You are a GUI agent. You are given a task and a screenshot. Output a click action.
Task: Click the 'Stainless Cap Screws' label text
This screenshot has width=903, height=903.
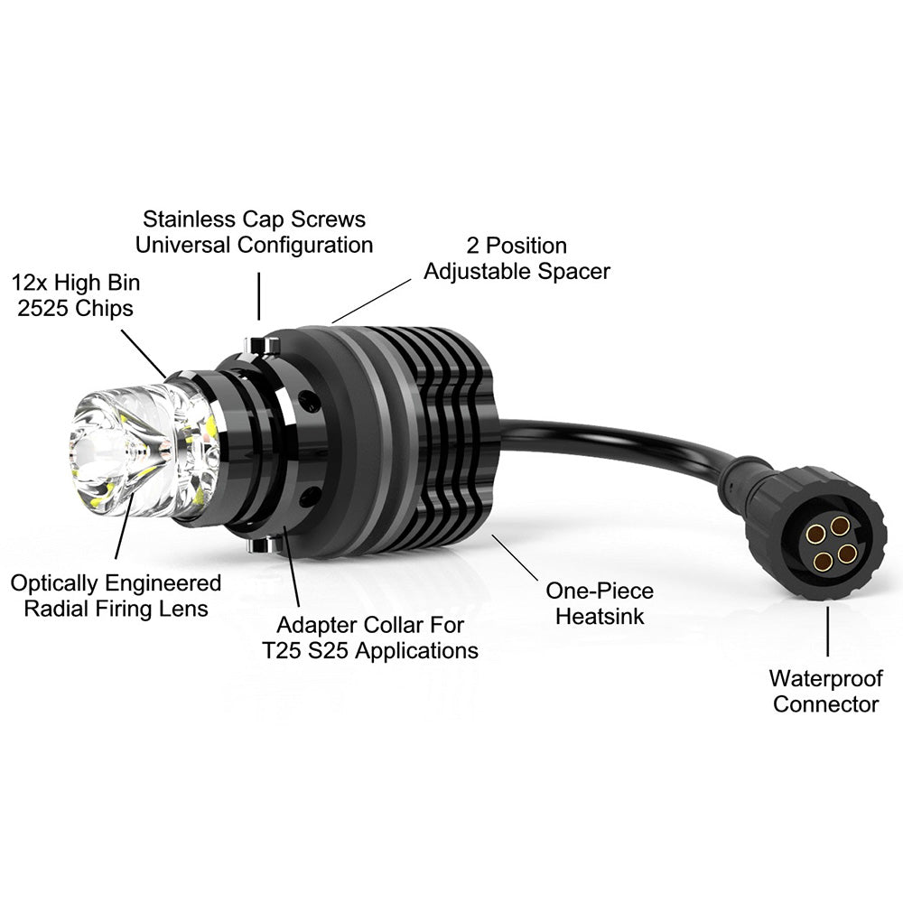pos(254,219)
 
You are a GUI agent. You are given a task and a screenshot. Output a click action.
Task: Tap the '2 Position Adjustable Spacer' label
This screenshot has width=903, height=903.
pos(517,258)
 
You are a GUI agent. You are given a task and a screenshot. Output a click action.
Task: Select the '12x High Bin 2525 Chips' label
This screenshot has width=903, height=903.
pos(76,295)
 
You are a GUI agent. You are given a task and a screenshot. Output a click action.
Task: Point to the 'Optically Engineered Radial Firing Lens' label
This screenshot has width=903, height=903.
pos(116,596)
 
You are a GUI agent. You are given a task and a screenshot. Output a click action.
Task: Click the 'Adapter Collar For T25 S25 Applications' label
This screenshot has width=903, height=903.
pos(369,638)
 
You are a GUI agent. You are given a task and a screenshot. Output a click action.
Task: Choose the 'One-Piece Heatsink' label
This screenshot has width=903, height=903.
pos(600,603)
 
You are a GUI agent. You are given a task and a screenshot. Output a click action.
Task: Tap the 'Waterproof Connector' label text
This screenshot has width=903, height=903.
pos(826,691)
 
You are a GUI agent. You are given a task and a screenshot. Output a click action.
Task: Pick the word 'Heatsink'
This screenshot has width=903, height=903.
pos(600,616)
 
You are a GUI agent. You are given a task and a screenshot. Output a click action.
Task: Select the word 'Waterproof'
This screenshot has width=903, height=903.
pos(826,678)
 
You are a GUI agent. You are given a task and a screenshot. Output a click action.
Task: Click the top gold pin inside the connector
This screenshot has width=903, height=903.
pos(839,526)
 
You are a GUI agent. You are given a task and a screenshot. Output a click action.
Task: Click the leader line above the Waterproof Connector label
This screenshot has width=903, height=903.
pos(828,631)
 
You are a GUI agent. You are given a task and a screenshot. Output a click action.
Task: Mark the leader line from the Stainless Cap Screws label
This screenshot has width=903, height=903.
pos(259,296)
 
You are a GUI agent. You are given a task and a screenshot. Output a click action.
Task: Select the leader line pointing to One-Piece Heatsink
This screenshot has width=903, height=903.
pos(515,557)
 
